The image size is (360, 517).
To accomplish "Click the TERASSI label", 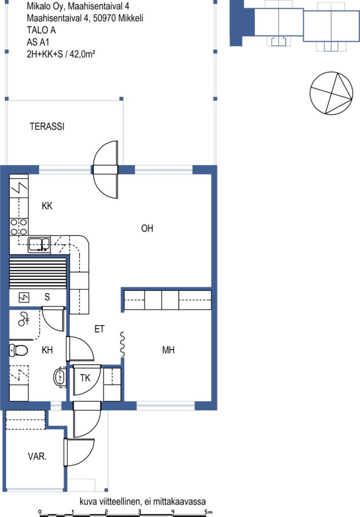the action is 47,126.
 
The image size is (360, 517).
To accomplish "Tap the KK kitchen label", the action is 47,206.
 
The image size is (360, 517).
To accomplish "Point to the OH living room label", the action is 147,228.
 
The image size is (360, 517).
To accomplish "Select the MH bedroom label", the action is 168,350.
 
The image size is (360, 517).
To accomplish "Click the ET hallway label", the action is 99,329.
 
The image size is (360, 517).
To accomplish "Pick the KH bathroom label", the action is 47,350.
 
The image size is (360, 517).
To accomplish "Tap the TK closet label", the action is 85,378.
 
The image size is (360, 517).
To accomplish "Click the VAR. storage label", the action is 37,456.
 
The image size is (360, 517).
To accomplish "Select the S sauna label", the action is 47,297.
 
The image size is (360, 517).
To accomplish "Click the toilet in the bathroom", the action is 18,350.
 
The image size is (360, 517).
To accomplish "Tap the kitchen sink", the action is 39,245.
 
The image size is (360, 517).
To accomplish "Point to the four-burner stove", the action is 19,227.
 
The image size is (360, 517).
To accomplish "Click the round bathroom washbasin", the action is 60,377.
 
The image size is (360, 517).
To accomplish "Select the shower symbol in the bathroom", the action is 23,319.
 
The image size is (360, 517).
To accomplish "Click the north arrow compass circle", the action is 331,93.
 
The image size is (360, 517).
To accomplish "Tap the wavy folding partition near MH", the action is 122,344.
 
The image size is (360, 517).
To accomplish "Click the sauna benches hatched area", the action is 38,273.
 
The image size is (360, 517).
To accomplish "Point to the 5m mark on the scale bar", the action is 207,512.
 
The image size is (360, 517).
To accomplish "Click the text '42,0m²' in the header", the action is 82,54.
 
